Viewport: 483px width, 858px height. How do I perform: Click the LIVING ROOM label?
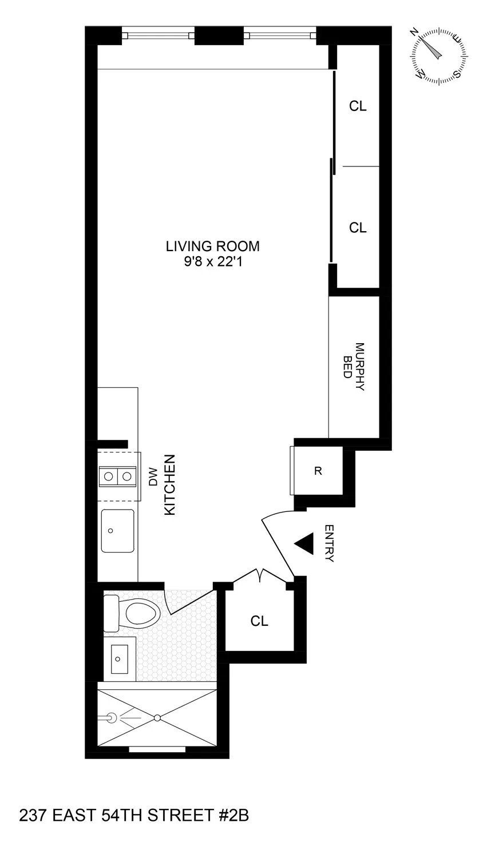click(x=212, y=247)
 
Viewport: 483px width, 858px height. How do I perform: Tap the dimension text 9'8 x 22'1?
click(x=212, y=262)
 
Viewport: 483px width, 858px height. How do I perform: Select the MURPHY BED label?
click(x=355, y=367)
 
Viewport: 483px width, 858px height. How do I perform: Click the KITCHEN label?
click(x=169, y=486)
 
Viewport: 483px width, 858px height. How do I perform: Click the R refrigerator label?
click(x=318, y=471)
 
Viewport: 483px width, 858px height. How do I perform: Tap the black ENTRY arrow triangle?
click(x=304, y=543)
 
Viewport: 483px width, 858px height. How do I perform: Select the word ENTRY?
click(x=328, y=543)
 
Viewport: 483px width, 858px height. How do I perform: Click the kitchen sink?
click(x=117, y=531)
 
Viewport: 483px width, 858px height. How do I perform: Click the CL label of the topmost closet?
click(x=358, y=106)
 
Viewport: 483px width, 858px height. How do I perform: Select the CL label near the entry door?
click(x=259, y=621)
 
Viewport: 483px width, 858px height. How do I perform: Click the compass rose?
click(x=438, y=55)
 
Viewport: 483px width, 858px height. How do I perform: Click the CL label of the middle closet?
click(x=358, y=228)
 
